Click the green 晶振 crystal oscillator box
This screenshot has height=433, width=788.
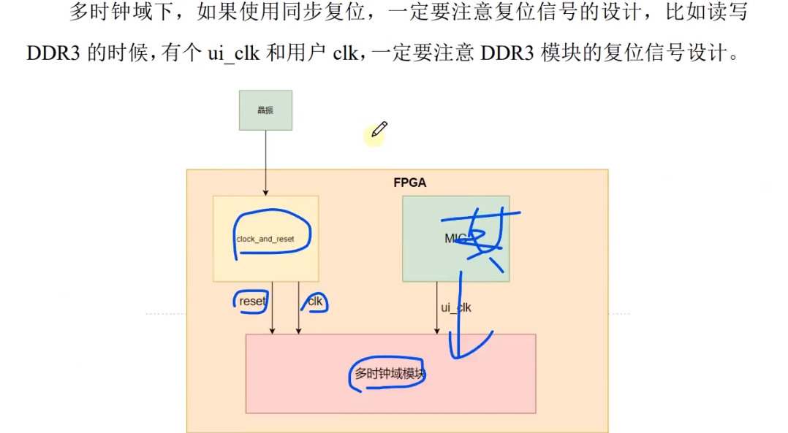(265, 110)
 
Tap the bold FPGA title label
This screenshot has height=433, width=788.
(409, 183)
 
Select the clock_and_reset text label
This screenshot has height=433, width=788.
(265, 240)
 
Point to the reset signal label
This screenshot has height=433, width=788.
(252, 301)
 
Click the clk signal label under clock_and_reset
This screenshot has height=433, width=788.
(315, 301)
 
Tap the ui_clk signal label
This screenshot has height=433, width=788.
(455, 307)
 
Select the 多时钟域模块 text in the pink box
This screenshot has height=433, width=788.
(390, 374)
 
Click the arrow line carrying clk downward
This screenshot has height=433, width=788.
(298, 321)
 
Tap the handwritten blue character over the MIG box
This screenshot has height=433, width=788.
(483, 237)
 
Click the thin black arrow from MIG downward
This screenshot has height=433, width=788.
(438, 307)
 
